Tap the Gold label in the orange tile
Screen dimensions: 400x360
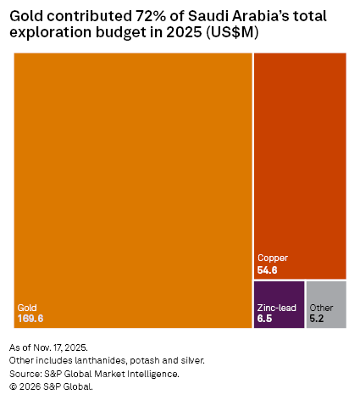[28, 308]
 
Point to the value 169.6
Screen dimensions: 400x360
[30, 319]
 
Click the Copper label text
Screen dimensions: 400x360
[273, 258]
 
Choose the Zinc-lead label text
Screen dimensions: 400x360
[277, 308]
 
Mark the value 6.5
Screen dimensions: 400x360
[264, 319]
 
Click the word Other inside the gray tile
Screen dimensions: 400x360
[322, 308]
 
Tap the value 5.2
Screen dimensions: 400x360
[317, 319]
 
